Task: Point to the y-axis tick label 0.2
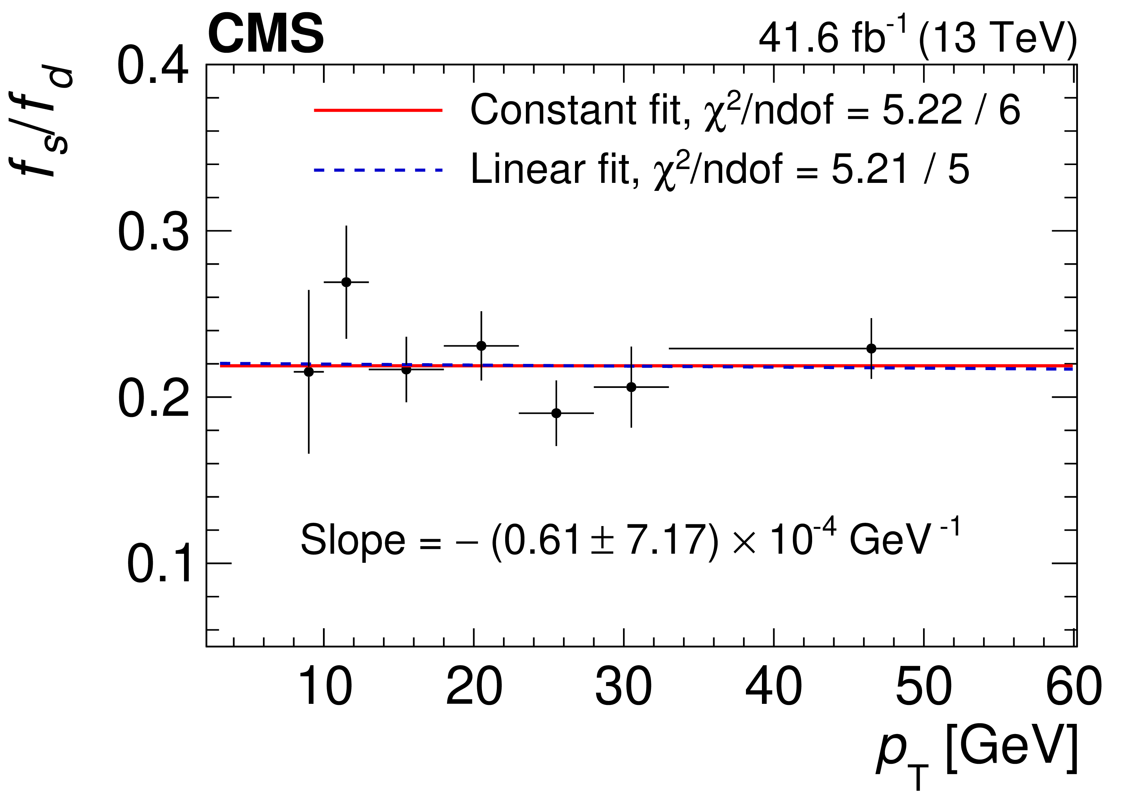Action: coord(153,399)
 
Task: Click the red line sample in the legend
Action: coord(378,110)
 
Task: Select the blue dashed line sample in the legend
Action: coord(378,170)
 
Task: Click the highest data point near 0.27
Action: coord(346,282)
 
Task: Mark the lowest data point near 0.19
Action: coord(556,413)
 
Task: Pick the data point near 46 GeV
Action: coord(871,348)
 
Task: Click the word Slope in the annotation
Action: coord(352,540)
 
